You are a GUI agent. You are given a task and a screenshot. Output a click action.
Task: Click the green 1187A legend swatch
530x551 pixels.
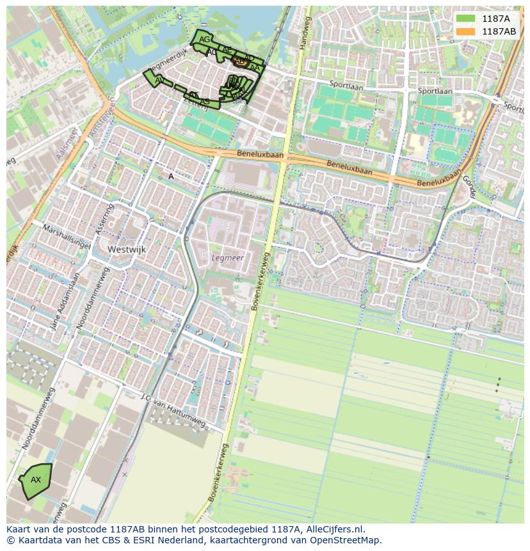pyautogui.click(x=465, y=19)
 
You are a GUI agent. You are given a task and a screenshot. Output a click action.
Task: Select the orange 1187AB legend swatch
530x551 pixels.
pyautogui.click(x=465, y=31)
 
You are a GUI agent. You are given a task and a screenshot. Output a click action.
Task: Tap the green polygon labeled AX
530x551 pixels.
pyautogui.click(x=36, y=481)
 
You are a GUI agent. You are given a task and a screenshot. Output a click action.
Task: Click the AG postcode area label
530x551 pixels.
pyautogui.click(x=204, y=40)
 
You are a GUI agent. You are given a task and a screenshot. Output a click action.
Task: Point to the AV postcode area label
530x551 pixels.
pyautogui.click(x=159, y=80)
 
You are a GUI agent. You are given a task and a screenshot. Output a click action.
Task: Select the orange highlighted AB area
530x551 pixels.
pyautogui.click(x=240, y=62)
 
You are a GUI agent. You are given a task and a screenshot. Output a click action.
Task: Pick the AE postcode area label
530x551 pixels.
pyautogui.click(x=227, y=50)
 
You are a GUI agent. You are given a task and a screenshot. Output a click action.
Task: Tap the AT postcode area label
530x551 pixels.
pyautogui.click(x=193, y=95)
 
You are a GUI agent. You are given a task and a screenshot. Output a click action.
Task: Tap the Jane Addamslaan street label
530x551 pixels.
pyautogui.click(x=65, y=302)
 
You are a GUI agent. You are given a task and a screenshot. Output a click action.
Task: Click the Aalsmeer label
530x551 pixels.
pyautogui.click(x=67, y=145)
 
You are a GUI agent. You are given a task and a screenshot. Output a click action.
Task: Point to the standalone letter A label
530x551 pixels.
pyautogui.click(x=171, y=176)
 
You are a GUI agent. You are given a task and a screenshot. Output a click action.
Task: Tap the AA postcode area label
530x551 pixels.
pyautogui.click(x=255, y=68)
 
